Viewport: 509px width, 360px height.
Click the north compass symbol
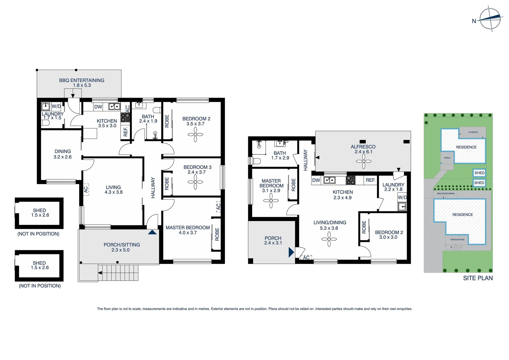point(490,19)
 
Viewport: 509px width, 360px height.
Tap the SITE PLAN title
point(478,278)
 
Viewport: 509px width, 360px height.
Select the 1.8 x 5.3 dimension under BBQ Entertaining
point(82,85)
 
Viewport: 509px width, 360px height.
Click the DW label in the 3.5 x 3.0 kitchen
point(98,107)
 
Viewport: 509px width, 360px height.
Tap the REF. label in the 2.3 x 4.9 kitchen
point(370,180)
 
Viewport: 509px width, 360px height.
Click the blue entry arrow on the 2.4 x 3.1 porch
point(291,252)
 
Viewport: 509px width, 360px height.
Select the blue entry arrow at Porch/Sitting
point(152,232)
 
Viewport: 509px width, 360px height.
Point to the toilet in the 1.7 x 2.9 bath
point(256,161)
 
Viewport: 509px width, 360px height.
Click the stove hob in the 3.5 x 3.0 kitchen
point(125,117)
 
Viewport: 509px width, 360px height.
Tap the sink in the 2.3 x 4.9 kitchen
point(329,180)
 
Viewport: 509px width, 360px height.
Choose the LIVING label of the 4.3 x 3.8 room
point(113,187)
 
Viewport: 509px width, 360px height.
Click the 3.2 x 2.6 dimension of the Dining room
point(63,157)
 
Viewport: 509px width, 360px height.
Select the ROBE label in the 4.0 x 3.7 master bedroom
point(217,234)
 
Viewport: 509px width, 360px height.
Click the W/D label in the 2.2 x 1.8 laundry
point(402,197)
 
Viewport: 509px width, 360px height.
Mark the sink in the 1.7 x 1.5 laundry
point(45,107)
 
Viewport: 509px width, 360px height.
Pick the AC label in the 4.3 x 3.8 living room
point(86,189)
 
